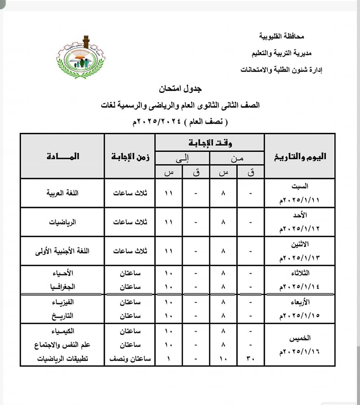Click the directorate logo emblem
[x=81, y=57]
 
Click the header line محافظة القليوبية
[x=282, y=37]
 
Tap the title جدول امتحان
[x=181, y=89]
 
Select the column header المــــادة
[x=63, y=156]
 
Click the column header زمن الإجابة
[x=130, y=157]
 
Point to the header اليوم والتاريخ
[x=300, y=156]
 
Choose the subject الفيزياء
[x=62, y=302]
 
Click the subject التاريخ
[x=62, y=315]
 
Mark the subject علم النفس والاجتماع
[x=62, y=345]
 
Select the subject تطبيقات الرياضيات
[x=62, y=359]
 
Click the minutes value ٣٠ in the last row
[x=251, y=359]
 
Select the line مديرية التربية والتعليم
[x=276, y=53]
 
